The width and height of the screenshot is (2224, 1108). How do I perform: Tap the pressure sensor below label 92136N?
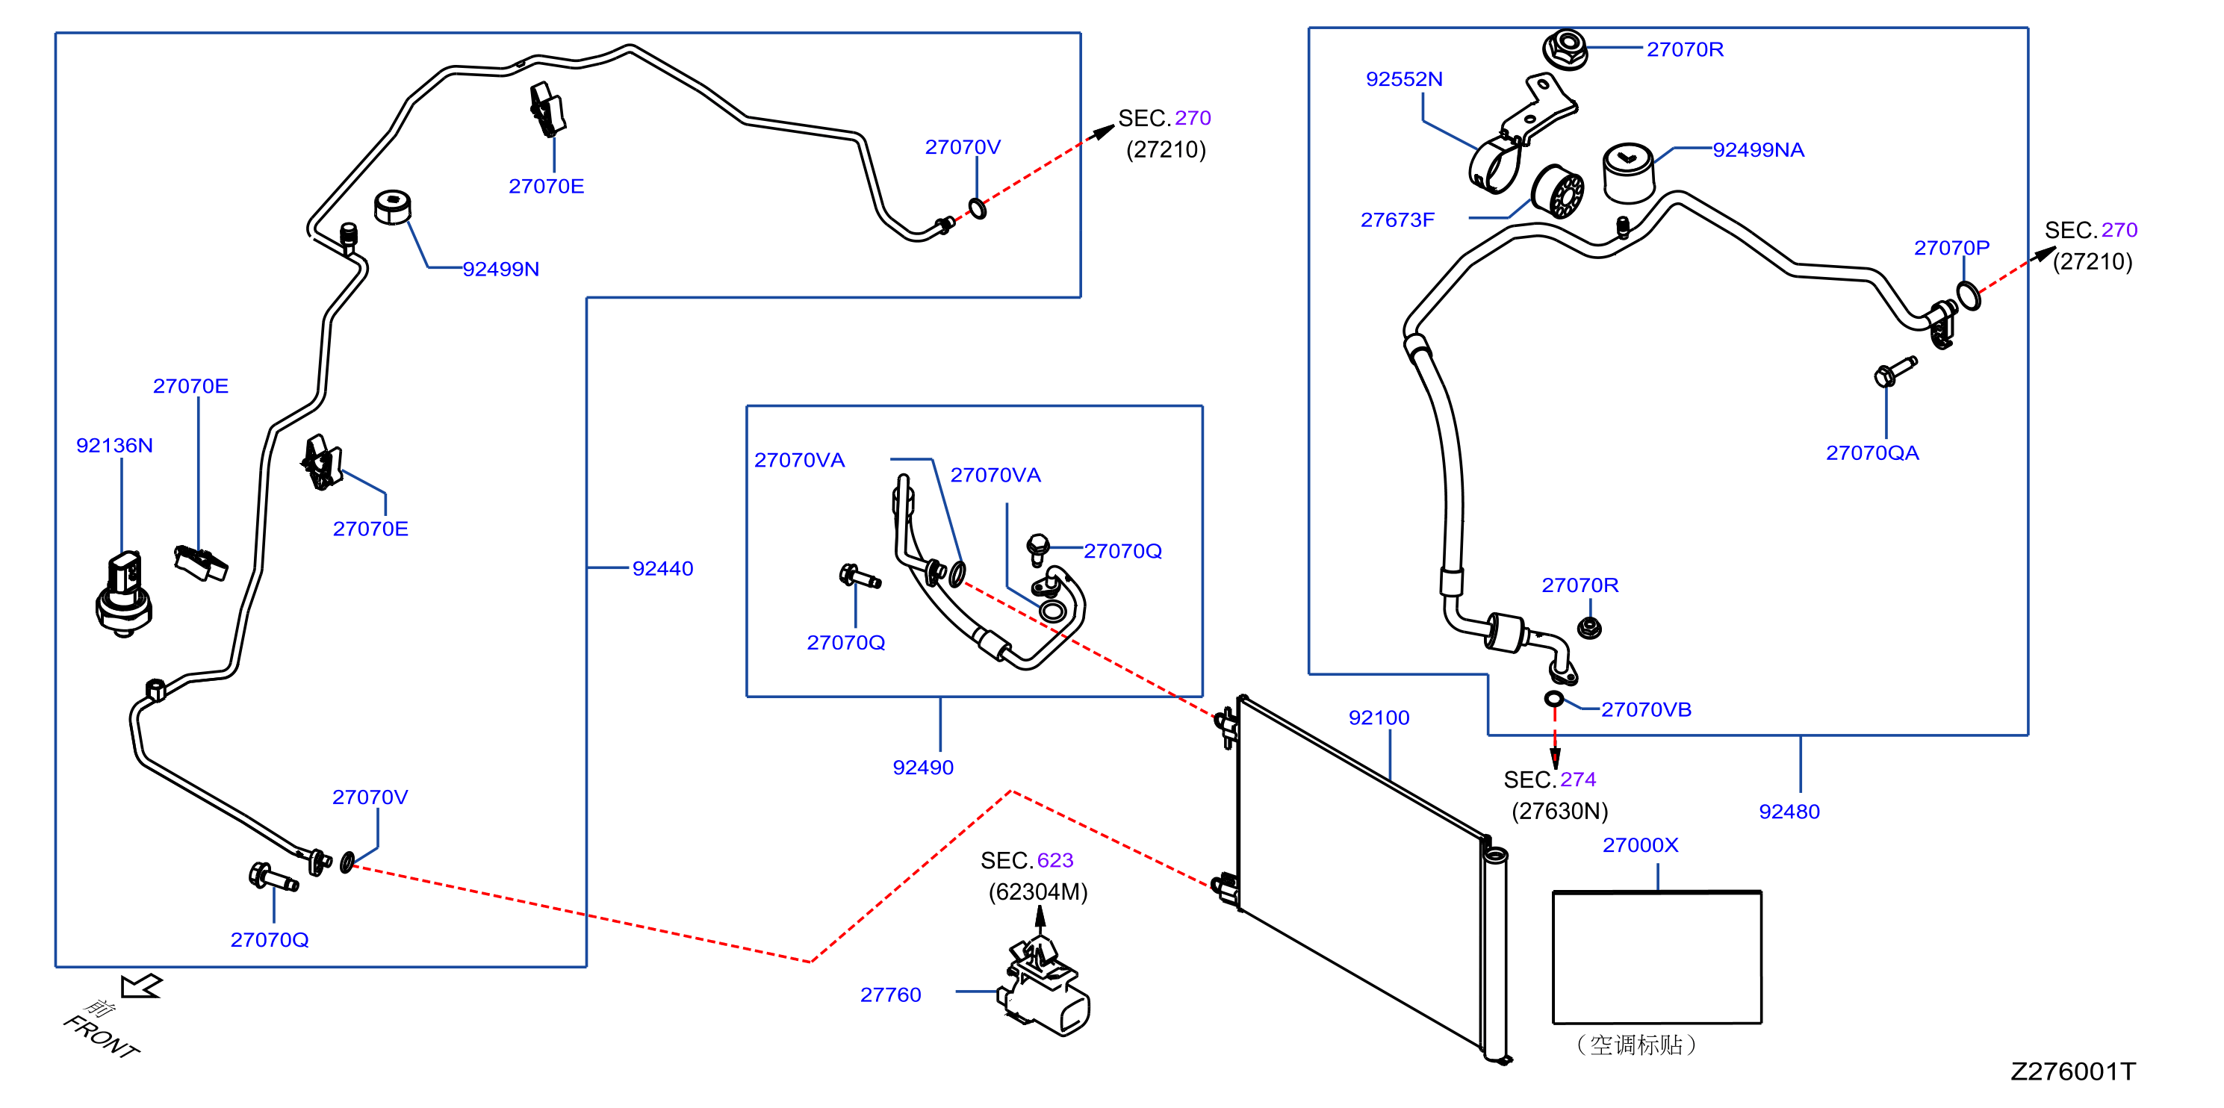[x=123, y=594]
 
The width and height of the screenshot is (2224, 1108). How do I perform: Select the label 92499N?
[x=501, y=270]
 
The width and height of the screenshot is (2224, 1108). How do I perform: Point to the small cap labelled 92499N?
[x=393, y=207]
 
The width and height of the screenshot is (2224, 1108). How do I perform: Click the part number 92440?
[x=662, y=569]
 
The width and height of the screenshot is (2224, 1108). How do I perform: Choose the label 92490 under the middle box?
[x=923, y=767]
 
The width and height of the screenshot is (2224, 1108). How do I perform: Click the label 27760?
[x=890, y=995]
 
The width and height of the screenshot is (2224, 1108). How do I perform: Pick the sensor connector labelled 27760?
[x=1044, y=987]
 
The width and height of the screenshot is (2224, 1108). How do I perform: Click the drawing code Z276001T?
[x=2073, y=1071]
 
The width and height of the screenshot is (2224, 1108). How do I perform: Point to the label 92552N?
[x=1404, y=79]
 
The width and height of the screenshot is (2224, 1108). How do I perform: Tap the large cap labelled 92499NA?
[x=1628, y=172]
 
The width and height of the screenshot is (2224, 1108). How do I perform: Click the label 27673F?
[x=1397, y=220]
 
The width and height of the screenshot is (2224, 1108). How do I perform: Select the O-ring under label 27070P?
[x=1969, y=295]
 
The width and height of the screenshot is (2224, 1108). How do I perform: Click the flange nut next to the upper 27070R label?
[x=1565, y=49]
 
